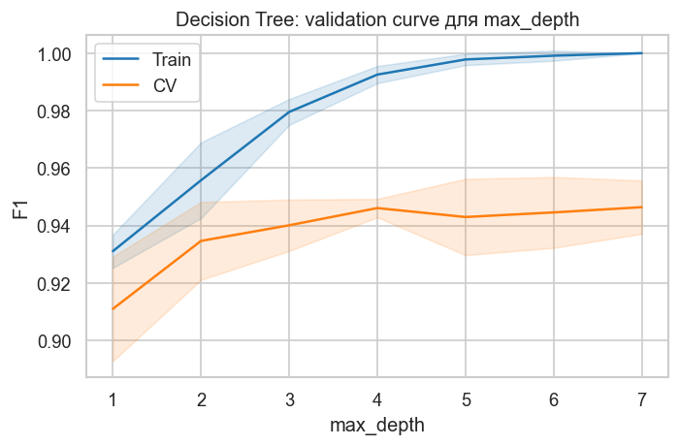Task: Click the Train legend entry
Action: pyautogui.click(x=172, y=59)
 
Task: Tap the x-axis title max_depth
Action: pyautogui.click(x=376, y=425)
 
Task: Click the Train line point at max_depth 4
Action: pyautogui.click(x=377, y=75)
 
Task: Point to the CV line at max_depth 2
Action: pyautogui.click(x=201, y=240)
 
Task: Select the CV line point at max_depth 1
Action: pyautogui.click(x=113, y=309)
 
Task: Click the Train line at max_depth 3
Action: pyautogui.click(x=289, y=112)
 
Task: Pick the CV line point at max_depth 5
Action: pyautogui.click(x=466, y=217)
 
